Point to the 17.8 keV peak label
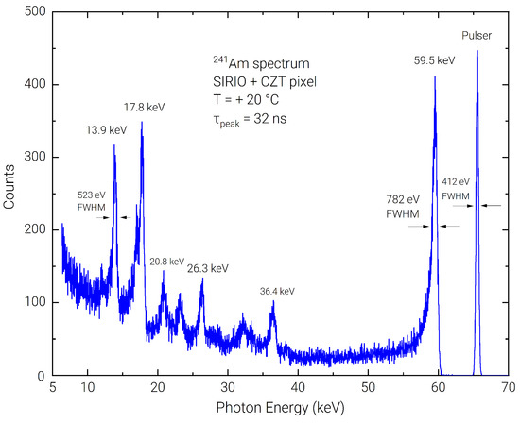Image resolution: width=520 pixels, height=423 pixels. pyautogui.click(x=145, y=107)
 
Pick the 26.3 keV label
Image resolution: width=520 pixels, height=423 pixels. pyautogui.click(x=208, y=268)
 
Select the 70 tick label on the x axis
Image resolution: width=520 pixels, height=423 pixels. pyautogui.click(x=508, y=388)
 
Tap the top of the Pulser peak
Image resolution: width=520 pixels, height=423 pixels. pyautogui.click(x=477, y=51)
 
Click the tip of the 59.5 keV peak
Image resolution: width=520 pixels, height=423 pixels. pyautogui.click(x=435, y=77)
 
